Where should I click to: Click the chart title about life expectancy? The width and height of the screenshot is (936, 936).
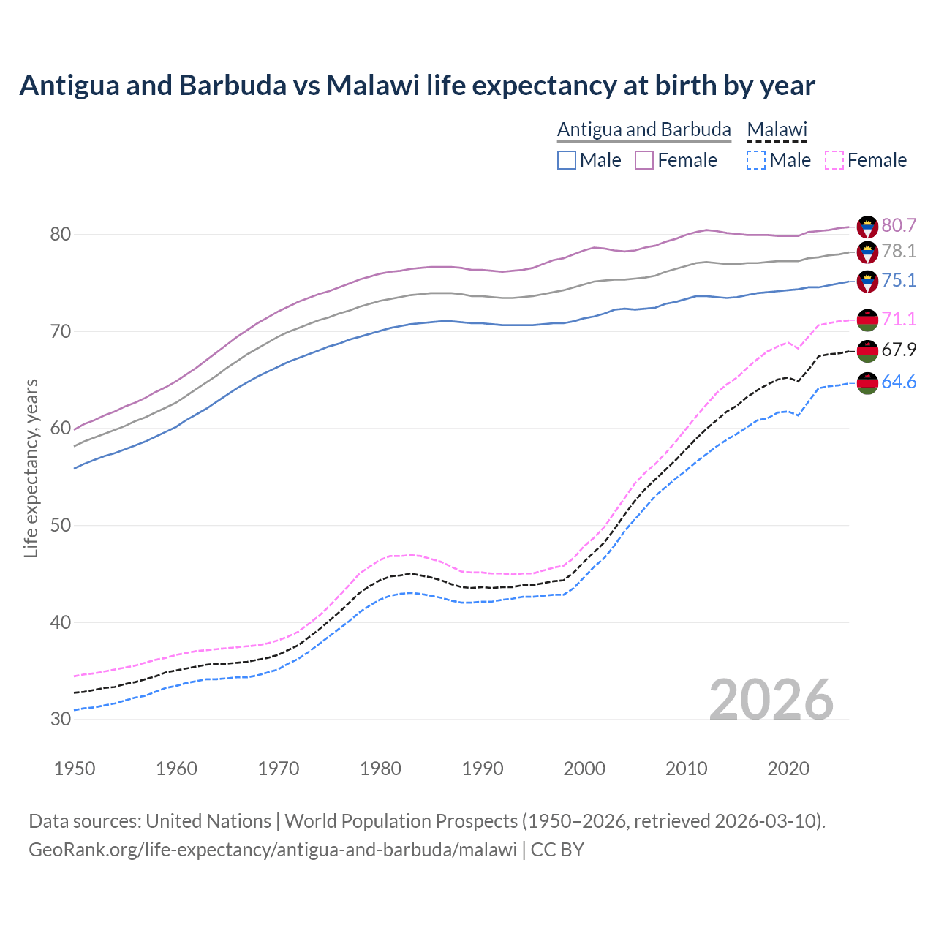[417, 86]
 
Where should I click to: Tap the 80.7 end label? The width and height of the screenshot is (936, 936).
[899, 225]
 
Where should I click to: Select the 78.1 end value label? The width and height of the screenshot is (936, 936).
[899, 252]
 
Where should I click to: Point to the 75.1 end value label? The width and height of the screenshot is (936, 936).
[899, 281]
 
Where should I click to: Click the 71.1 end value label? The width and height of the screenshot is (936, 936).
[899, 319]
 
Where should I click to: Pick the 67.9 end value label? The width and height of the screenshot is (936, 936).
[899, 350]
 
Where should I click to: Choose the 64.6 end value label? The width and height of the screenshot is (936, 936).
[899, 382]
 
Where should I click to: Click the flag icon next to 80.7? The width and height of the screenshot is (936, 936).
[867, 226]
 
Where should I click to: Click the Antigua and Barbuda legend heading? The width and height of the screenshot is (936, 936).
[643, 129]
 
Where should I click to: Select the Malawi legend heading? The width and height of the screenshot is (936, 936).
[777, 129]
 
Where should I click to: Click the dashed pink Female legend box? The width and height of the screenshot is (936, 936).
[834, 160]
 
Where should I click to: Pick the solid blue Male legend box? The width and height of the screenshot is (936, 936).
[567, 160]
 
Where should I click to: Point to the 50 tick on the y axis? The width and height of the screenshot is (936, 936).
[61, 526]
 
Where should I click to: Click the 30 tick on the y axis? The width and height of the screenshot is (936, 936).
[61, 720]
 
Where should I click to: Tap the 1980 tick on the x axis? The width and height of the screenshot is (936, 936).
[380, 769]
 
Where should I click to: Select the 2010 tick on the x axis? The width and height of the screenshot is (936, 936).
[686, 769]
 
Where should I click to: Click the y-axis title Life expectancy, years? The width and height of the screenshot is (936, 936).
[31, 468]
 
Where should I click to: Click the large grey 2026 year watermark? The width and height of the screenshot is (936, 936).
[771, 700]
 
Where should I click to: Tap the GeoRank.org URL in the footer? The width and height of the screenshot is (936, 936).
[273, 850]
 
